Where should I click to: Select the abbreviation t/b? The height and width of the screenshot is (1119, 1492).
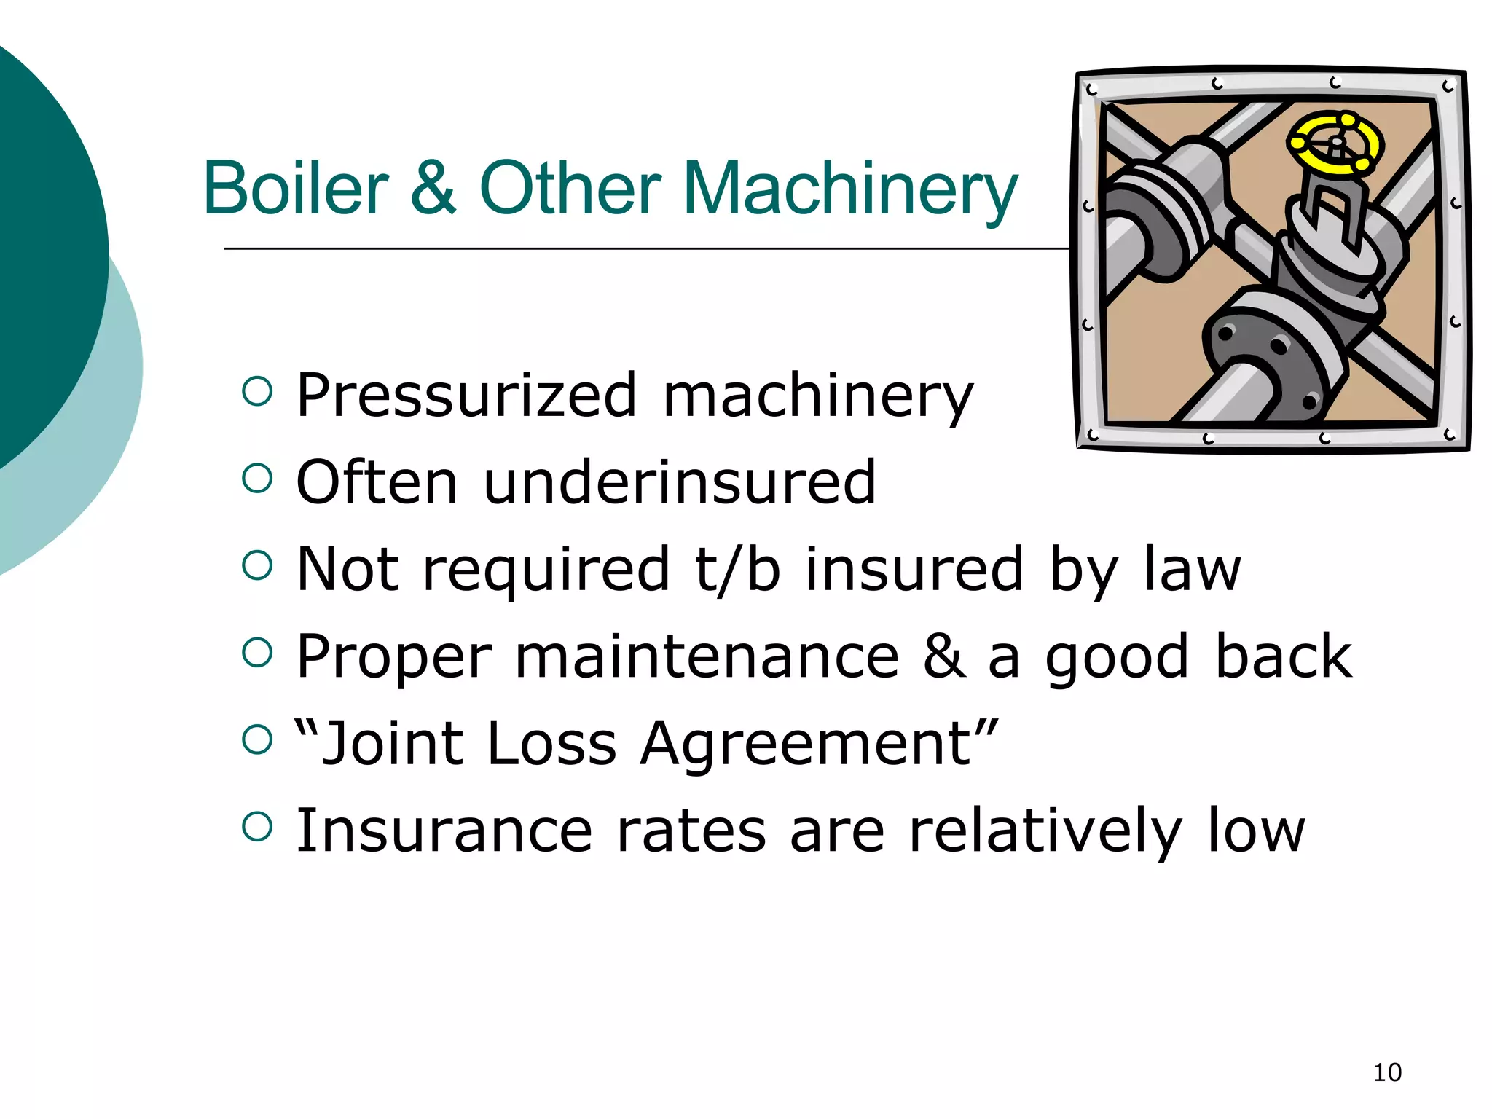(737, 569)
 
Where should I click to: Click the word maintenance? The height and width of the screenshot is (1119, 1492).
(707, 656)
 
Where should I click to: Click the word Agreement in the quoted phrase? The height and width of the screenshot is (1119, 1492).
(805, 744)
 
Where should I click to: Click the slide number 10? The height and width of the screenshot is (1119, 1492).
(1387, 1072)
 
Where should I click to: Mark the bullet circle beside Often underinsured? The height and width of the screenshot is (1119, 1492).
(256, 478)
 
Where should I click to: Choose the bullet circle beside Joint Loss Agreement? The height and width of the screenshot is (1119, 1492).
(256, 739)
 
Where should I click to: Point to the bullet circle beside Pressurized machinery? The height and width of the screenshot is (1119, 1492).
(256, 391)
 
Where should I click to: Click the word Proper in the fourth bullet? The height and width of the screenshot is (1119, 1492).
(394, 658)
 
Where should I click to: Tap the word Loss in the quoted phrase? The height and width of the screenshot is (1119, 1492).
(551, 744)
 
